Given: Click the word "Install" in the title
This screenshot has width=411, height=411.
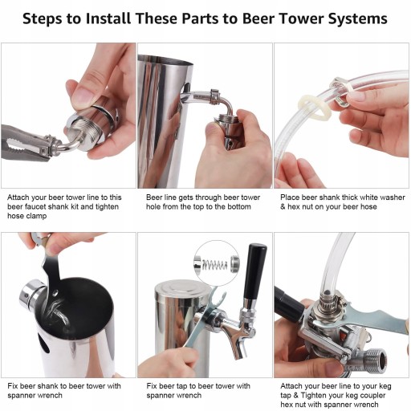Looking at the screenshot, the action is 108,18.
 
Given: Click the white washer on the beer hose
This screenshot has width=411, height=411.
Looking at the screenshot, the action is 315,107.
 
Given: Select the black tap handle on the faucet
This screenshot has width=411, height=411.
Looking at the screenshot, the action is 254,271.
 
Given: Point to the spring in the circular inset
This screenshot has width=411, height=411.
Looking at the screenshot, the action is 214,265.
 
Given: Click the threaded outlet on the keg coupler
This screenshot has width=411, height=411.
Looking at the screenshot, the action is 375,361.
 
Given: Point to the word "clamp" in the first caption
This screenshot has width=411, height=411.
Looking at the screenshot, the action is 36,216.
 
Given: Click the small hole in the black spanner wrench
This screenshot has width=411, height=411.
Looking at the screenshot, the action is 55,293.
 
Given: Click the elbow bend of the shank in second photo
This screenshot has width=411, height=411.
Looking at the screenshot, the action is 227,105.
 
